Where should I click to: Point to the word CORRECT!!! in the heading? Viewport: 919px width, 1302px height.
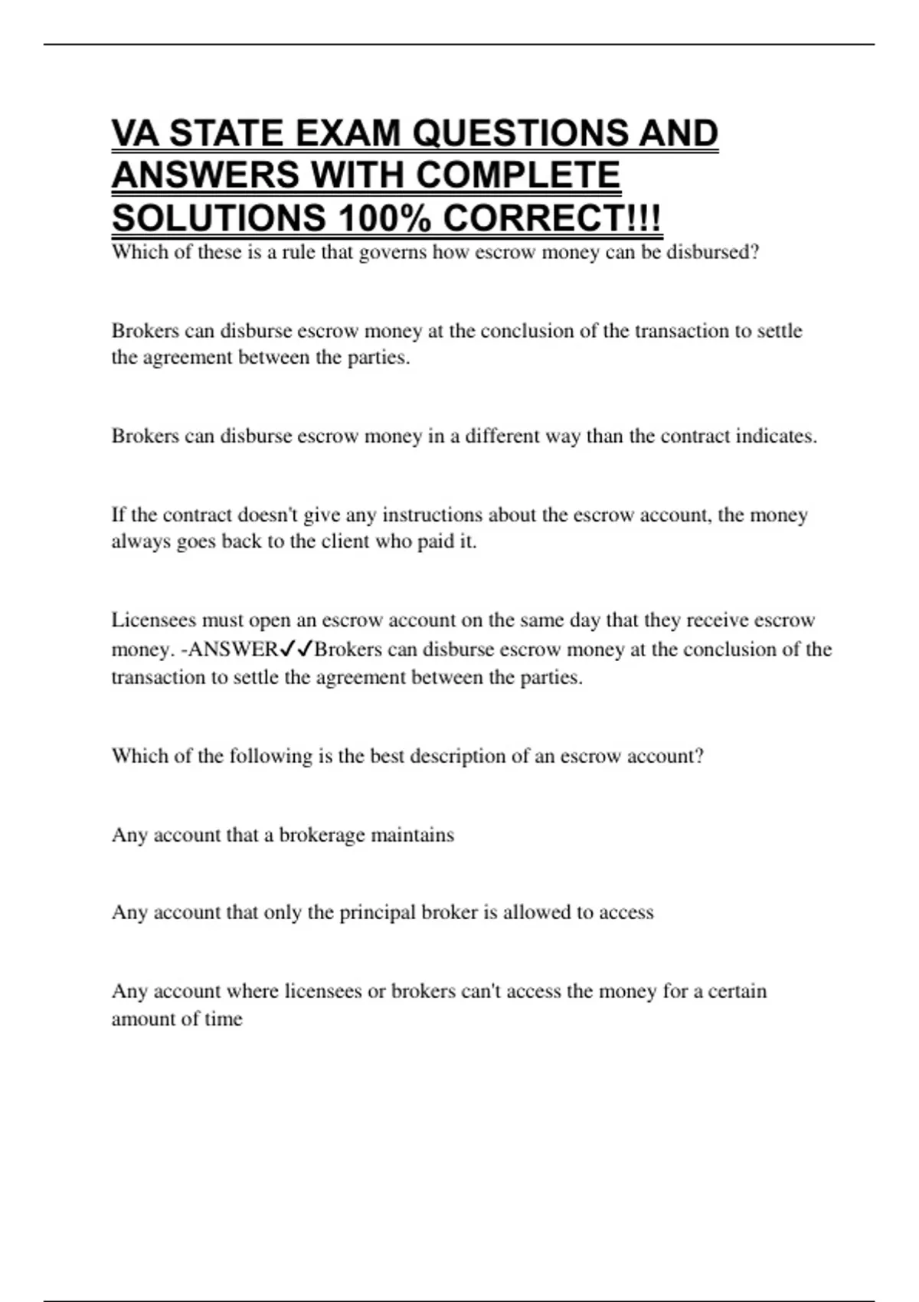coord(552,218)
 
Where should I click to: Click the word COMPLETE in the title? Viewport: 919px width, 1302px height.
coord(518,175)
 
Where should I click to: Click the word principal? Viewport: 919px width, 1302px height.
coord(378,913)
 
